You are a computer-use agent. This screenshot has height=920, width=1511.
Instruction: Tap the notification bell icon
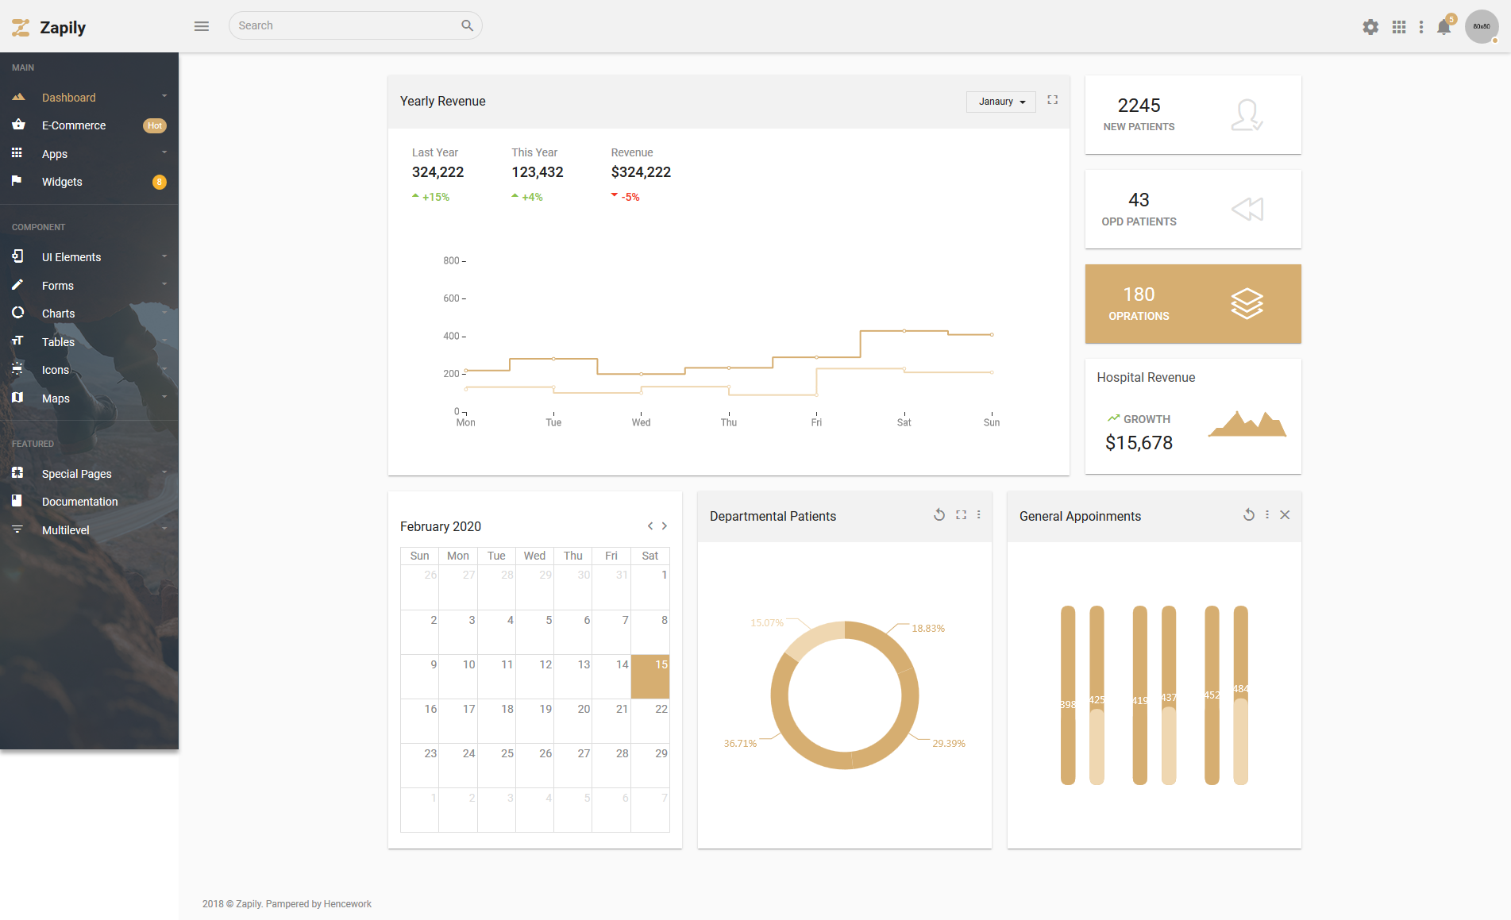click(1444, 27)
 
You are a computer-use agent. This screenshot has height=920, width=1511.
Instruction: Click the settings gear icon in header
click(1370, 27)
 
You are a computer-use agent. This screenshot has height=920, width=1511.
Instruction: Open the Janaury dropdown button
click(1001, 102)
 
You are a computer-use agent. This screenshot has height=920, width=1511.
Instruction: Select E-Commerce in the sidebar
click(74, 125)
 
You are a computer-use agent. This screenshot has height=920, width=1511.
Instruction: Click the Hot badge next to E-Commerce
click(155, 125)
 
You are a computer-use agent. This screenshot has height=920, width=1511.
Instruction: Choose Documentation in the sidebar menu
click(79, 502)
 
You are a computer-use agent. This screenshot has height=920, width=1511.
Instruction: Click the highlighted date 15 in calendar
click(650, 676)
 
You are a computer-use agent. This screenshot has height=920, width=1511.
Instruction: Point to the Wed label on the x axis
click(641, 422)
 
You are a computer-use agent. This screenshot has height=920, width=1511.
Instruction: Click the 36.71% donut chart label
click(740, 744)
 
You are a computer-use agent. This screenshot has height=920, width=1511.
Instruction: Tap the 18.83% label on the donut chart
click(928, 629)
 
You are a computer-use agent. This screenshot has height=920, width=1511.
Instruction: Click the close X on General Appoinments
click(1285, 515)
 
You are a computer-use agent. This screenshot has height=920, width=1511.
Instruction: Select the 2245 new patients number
click(1139, 106)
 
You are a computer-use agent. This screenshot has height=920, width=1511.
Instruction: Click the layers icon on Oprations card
click(1247, 303)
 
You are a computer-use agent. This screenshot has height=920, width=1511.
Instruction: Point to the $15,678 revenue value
click(1139, 443)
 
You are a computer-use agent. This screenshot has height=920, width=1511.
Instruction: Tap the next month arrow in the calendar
click(665, 526)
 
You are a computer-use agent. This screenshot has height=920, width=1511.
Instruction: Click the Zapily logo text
click(63, 28)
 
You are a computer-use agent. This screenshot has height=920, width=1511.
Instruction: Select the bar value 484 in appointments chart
click(1240, 689)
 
